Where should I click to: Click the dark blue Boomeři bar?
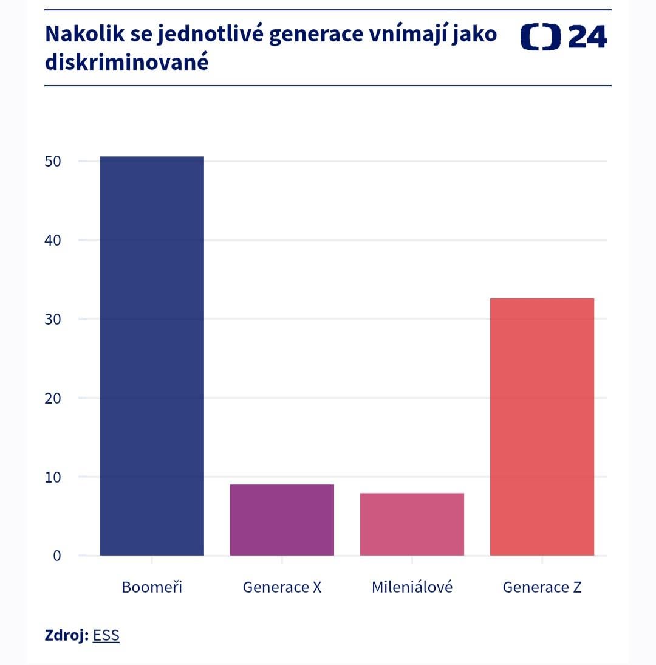152,356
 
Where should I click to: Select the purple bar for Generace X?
282,520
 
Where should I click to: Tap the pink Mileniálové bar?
412,524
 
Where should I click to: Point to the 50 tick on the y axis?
53,162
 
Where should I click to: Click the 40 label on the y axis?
53,240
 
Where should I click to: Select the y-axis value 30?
53,319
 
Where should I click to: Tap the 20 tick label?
53,398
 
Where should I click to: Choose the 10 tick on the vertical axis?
53,477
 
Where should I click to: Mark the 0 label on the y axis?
57,556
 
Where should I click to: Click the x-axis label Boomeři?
152,588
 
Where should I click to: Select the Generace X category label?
282,588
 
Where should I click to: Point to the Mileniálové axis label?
412,588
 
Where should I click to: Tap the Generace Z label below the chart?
542,588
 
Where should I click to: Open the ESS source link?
106,636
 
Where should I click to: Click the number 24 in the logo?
587,38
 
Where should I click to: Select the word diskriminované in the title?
127,62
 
